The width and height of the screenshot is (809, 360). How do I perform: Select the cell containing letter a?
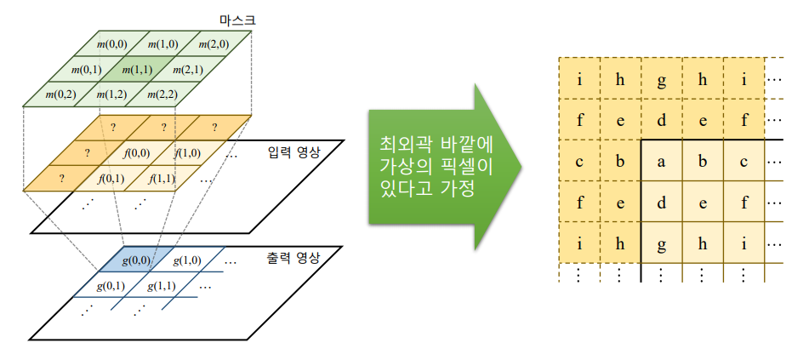click(662, 161)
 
